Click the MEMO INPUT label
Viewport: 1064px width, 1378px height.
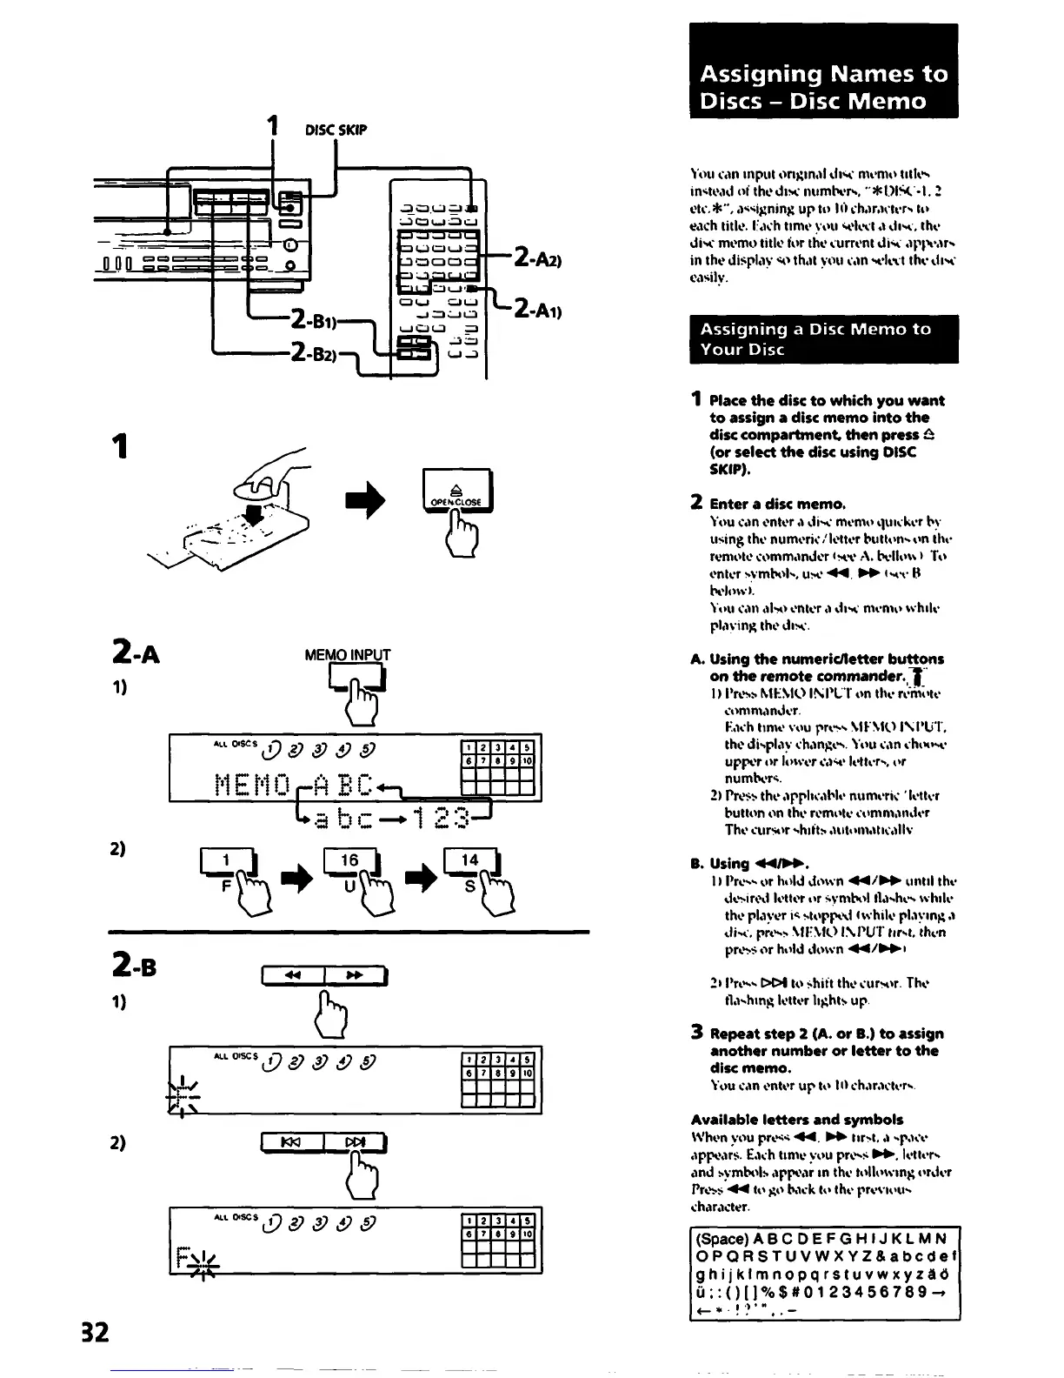(x=347, y=655)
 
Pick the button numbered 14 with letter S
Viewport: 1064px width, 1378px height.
(x=470, y=860)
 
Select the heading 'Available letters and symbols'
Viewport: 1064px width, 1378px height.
(x=797, y=1120)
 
